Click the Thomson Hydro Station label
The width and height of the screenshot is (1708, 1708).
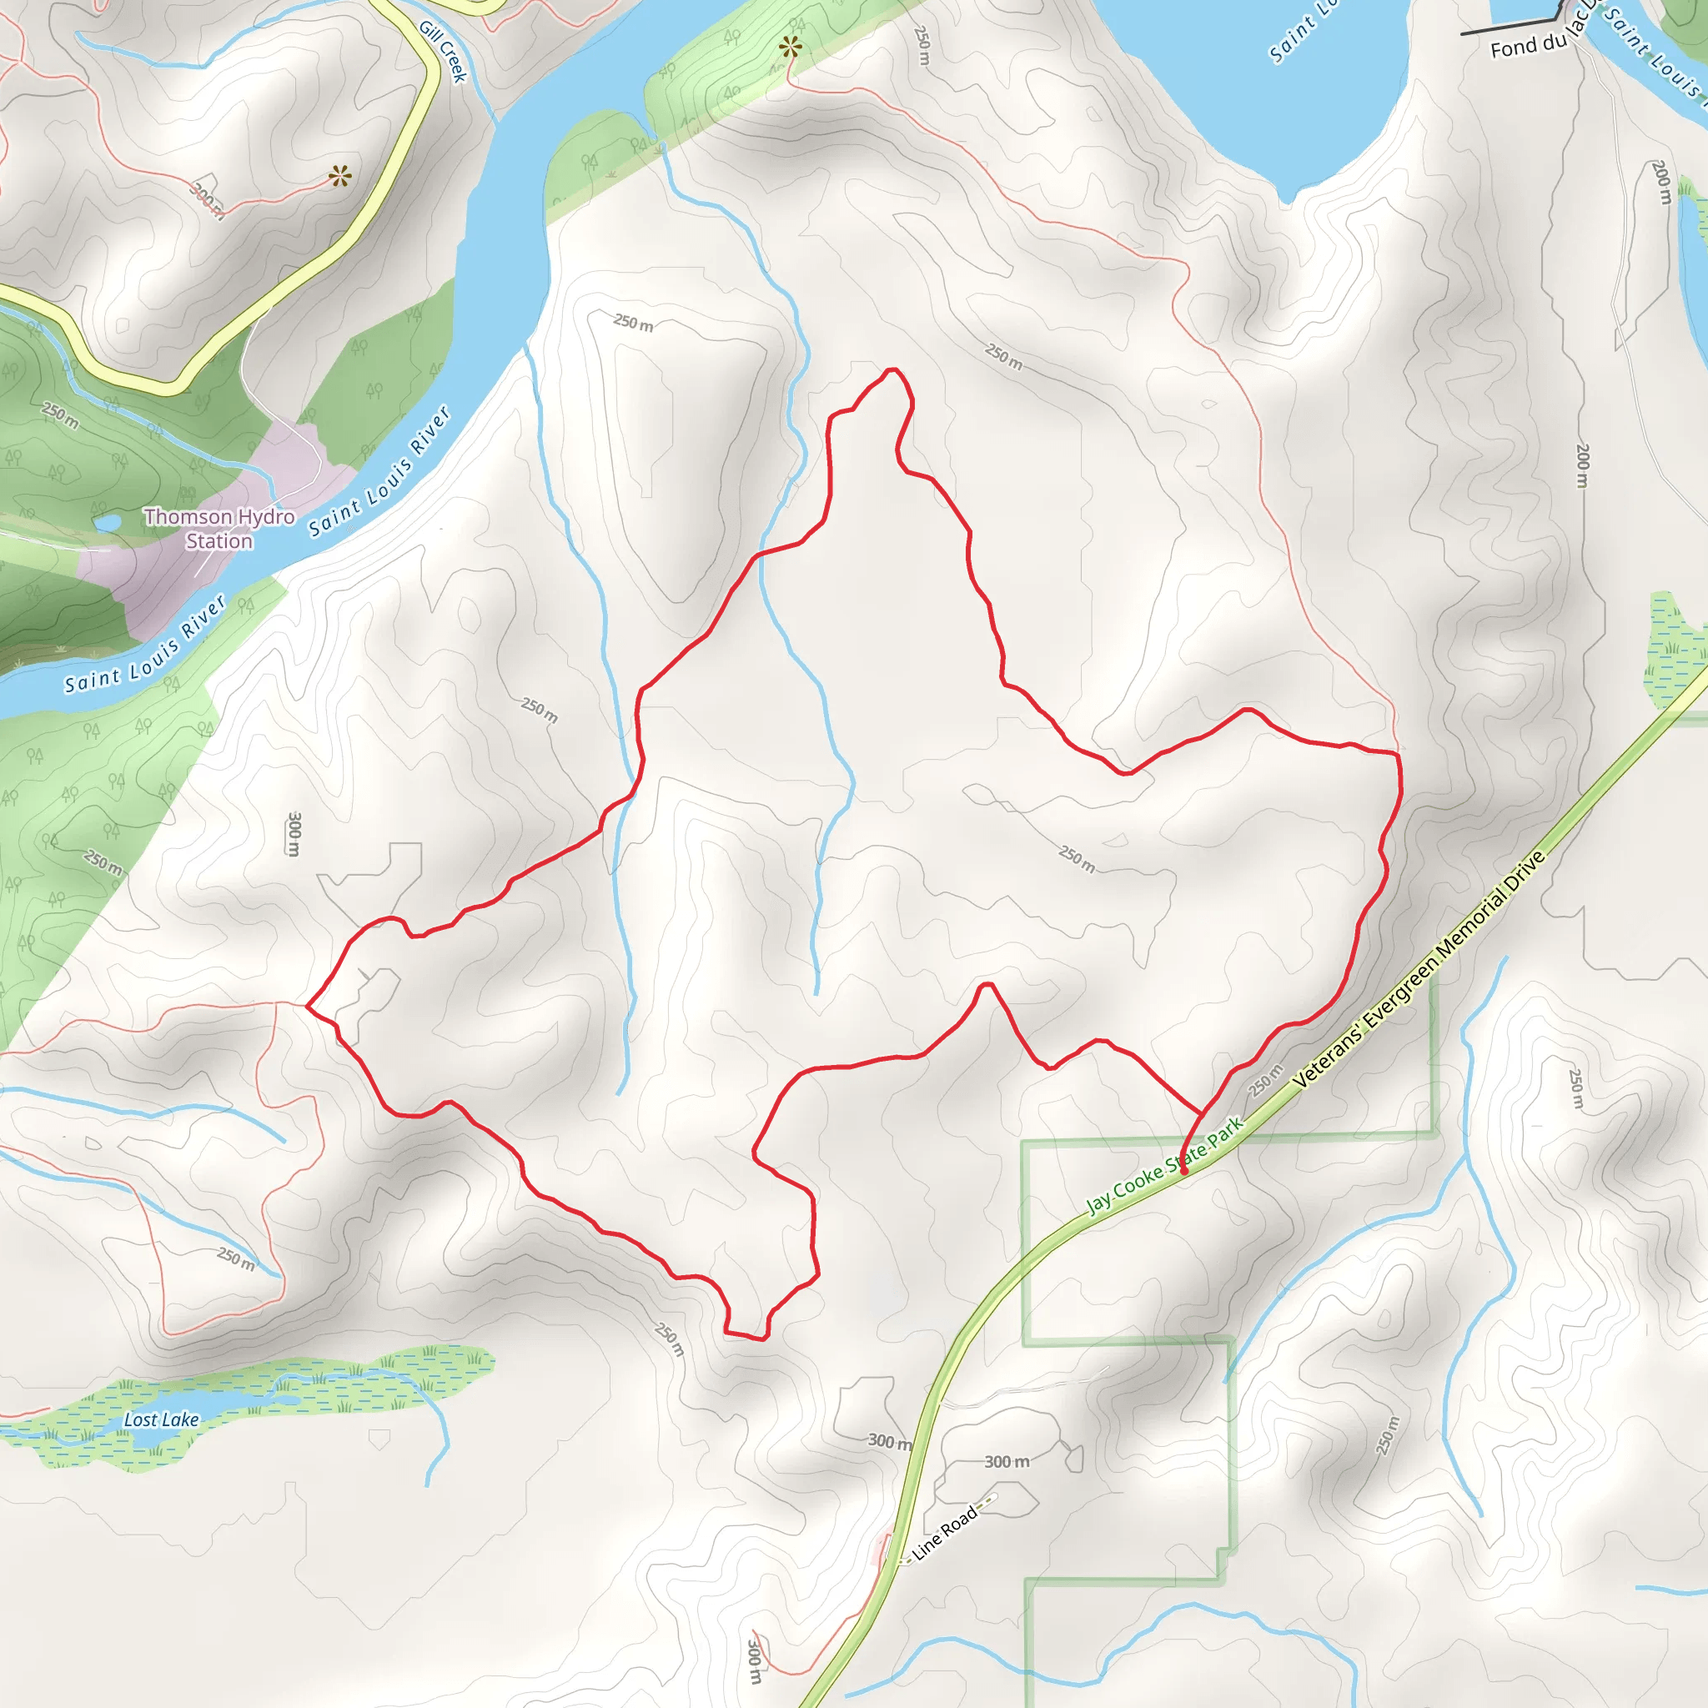click(x=219, y=528)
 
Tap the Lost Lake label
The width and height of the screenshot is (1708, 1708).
click(x=161, y=1419)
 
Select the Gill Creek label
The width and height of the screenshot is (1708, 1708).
click(x=443, y=50)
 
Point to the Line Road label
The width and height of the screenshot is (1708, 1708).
click(x=944, y=1533)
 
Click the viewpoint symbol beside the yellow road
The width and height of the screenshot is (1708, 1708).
click(x=339, y=176)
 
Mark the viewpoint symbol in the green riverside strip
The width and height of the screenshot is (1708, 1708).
click(x=790, y=47)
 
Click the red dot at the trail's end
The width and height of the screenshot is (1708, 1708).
click(x=1183, y=1170)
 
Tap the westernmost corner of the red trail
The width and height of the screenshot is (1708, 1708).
click(x=307, y=1006)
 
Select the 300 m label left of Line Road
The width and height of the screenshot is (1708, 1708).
click(x=888, y=1441)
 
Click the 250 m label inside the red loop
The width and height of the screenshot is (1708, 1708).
click(x=1077, y=857)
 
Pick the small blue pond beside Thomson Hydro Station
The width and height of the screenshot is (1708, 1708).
click(x=108, y=524)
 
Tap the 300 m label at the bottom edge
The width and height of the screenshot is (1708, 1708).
click(x=754, y=1661)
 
